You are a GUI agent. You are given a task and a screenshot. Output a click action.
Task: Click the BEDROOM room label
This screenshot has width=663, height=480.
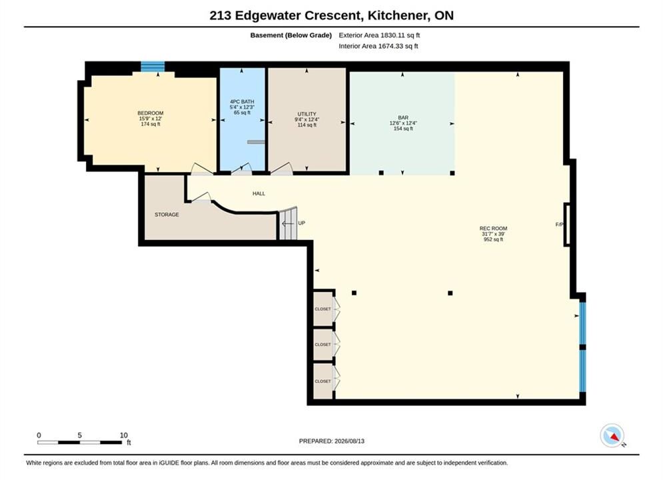[x=150, y=113]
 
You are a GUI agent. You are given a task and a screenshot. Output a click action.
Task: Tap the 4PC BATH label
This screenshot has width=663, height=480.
[x=242, y=101]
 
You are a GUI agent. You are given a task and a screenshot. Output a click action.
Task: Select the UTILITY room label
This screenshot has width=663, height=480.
[x=307, y=114]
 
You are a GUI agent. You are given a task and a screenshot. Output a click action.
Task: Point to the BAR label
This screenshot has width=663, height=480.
[x=403, y=117]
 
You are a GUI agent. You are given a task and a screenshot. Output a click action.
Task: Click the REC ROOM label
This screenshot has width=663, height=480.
[x=493, y=229]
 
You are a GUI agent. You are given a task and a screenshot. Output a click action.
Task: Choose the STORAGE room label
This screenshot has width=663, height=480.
[x=167, y=215]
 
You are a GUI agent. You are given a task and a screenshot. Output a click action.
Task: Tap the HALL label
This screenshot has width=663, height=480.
[x=259, y=194]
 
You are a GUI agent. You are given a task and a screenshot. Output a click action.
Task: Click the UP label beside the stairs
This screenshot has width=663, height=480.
[x=301, y=223]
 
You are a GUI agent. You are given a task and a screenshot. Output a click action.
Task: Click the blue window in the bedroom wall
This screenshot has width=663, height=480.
[x=153, y=67]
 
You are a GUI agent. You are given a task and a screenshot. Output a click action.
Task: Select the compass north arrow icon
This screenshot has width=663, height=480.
[x=612, y=435]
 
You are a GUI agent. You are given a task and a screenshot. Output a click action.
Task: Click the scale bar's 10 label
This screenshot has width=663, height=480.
[x=123, y=435]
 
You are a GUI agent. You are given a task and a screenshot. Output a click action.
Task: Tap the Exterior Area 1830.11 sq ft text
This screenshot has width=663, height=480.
[x=379, y=35]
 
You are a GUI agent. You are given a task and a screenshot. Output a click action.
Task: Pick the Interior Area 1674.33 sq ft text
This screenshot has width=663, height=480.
[x=378, y=46]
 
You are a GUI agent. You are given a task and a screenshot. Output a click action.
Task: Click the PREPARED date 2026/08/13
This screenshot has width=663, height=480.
[x=349, y=441]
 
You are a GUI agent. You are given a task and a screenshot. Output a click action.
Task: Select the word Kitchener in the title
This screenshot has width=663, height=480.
[x=397, y=15]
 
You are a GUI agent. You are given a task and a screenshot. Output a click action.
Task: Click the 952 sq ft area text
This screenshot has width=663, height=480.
[x=493, y=239]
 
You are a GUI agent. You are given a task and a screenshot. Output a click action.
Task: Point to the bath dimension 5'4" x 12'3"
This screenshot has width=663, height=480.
[x=242, y=107]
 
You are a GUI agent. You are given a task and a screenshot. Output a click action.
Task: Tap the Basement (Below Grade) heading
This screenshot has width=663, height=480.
[x=291, y=35]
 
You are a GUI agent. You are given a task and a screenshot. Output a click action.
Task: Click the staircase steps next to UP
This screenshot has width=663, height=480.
[x=289, y=223]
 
